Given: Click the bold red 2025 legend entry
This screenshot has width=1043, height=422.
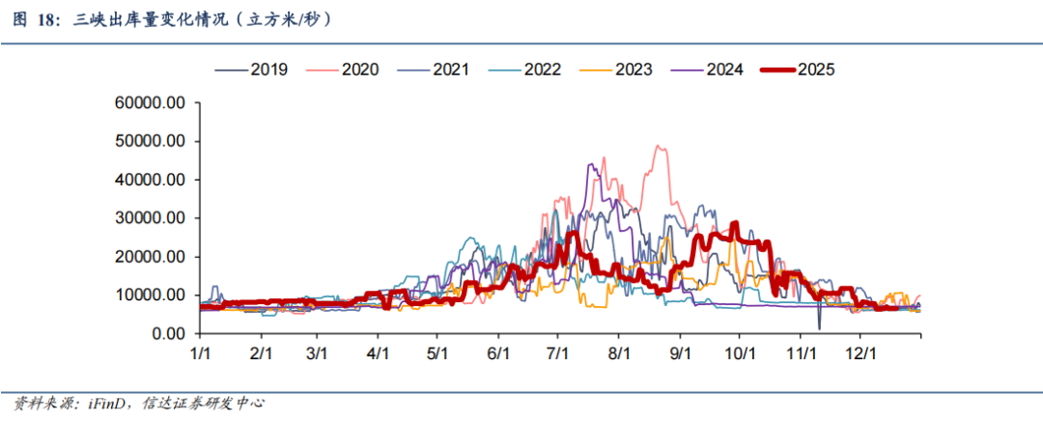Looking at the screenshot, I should click(816, 70).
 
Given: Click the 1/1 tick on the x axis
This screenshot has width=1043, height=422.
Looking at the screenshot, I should click(200, 354).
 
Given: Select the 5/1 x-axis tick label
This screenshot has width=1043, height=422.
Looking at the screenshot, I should click(438, 354).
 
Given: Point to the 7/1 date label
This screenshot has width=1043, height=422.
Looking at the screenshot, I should click(559, 354).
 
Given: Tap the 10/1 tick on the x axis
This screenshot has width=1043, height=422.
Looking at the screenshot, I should click(740, 354).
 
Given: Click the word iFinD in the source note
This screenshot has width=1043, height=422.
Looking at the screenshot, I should click(98, 403).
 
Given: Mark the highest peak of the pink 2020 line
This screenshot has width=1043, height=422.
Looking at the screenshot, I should click(660, 147).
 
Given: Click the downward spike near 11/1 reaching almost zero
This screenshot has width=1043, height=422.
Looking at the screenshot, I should click(818, 328).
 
